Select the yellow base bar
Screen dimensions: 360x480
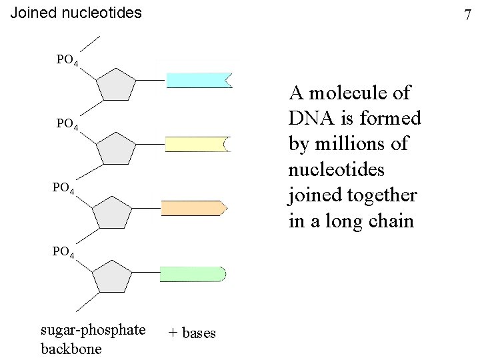[196, 144]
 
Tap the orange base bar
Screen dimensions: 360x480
[193, 208]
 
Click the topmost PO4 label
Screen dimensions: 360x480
[68, 61]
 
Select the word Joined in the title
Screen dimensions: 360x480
[33, 12]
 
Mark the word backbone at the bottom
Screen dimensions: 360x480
[71, 348]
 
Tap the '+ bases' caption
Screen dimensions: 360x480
[192, 333]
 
